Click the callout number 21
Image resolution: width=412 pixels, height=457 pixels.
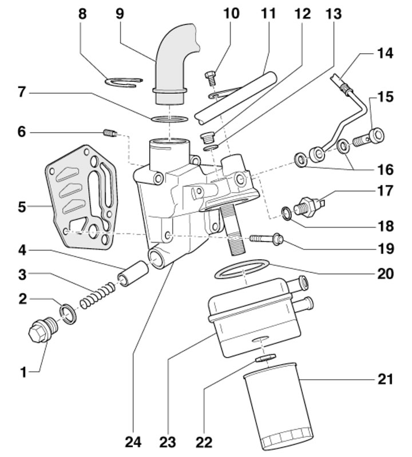point(385,379)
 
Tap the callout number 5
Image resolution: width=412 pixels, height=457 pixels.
point(22,207)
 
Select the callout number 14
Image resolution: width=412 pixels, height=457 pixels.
point(385,53)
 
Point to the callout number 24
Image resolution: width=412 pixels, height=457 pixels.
point(133,442)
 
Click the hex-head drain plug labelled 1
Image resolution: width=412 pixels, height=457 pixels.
point(43,330)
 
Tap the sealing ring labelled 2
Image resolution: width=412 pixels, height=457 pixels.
point(68,313)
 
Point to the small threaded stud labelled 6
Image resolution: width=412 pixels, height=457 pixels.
point(110,133)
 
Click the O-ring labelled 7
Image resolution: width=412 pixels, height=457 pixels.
point(169,119)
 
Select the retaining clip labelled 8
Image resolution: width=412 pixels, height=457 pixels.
point(124,82)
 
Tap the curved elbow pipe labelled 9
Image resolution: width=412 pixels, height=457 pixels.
point(175,64)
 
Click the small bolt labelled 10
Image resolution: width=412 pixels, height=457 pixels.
point(211,79)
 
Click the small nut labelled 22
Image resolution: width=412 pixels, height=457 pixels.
point(265,357)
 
